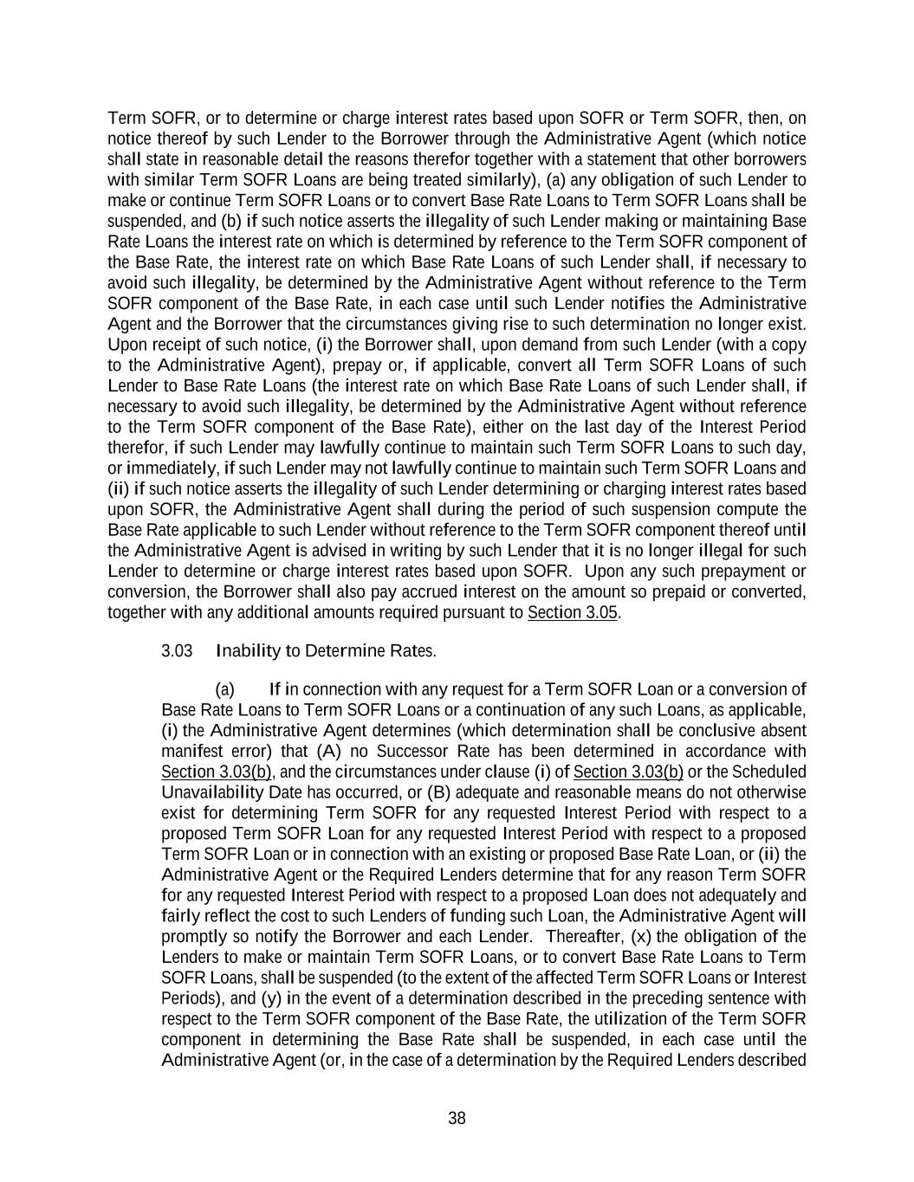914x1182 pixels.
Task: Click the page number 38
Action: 457,1118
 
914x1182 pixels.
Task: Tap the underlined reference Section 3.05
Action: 572,613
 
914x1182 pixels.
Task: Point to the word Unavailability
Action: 213,792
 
